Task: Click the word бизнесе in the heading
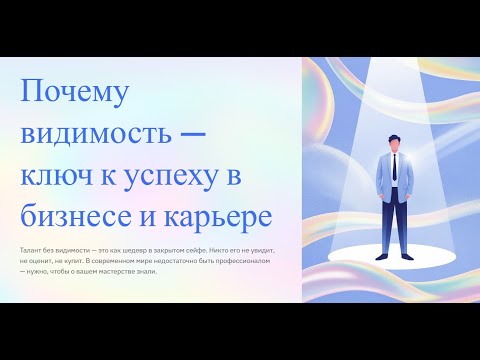pyautogui.click(x=77, y=215)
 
